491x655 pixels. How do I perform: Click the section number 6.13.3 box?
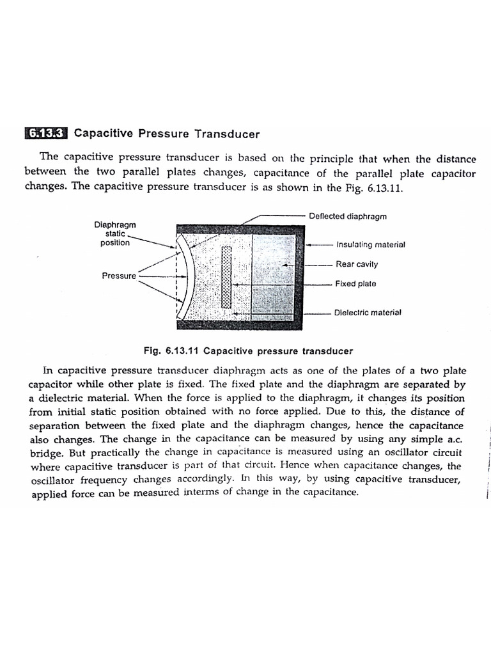click(x=47, y=134)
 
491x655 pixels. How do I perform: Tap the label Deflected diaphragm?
click(x=347, y=216)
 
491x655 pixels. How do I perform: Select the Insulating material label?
click(x=370, y=244)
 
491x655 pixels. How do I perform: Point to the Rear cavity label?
click(x=357, y=264)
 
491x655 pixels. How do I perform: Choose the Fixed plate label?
click(x=355, y=283)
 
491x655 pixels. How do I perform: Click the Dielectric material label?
click(x=367, y=313)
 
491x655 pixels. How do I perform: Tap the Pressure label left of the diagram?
click(x=119, y=276)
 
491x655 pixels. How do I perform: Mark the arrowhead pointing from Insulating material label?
click(x=309, y=244)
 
